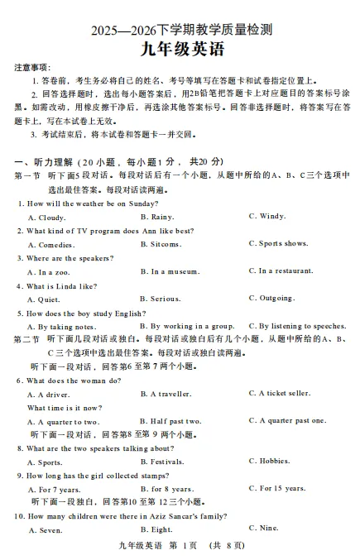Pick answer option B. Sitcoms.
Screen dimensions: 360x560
[161, 244]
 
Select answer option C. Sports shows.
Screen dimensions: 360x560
[279, 244]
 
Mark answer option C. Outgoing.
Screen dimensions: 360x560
[271, 299]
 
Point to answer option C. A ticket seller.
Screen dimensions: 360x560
[280, 394]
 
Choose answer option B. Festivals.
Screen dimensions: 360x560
[162, 462]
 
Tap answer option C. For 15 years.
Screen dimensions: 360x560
[277, 488]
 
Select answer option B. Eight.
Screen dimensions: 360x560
[156, 529]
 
